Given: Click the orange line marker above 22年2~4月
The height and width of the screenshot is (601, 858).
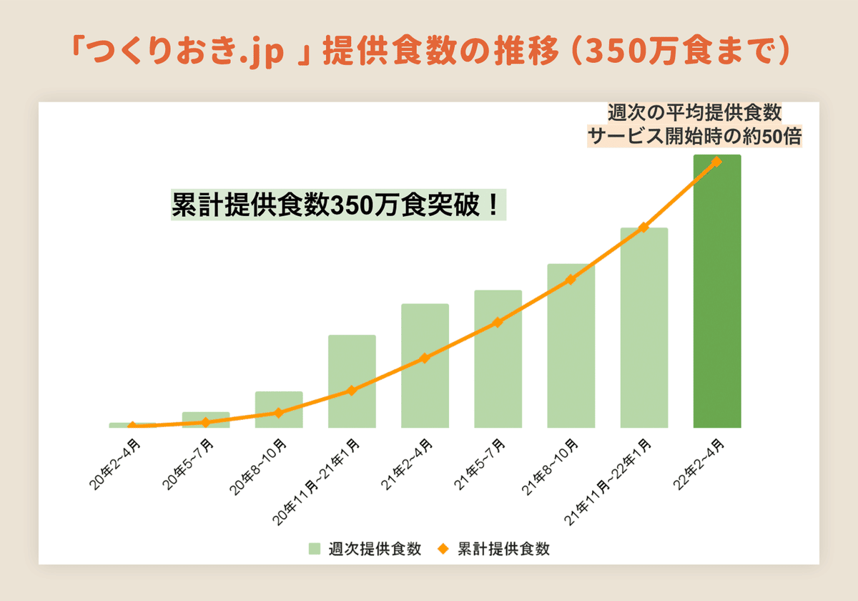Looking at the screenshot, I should pos(717,162).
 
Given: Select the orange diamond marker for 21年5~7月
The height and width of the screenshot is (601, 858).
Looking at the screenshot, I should pos(498,322).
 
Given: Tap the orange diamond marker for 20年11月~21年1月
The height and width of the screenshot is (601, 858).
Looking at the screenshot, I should pos(352,390).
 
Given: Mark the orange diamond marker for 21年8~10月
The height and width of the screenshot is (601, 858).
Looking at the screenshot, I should pos(571,279).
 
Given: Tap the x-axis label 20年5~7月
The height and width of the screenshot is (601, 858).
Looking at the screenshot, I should pos(189,466).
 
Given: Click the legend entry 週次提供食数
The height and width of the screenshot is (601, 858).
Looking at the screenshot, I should pos(365,549).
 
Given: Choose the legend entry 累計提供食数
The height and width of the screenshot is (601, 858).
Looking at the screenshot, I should pos(495,549).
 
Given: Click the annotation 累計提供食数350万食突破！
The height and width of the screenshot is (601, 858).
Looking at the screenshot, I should pos(337,205).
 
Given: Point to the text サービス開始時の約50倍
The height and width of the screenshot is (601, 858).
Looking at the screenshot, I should pos(694,135).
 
